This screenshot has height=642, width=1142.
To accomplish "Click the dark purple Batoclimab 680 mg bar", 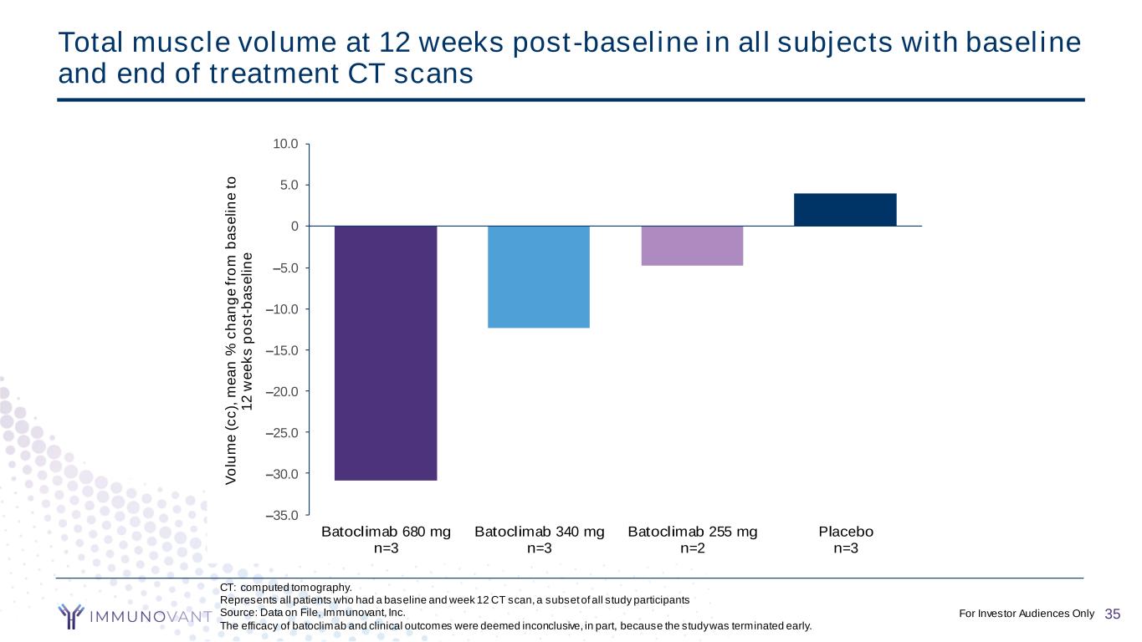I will (386, 353).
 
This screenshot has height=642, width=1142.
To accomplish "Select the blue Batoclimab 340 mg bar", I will (539, 277).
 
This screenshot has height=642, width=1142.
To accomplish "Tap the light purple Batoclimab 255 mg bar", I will (692, 246).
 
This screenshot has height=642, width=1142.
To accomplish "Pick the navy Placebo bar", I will (845, 210).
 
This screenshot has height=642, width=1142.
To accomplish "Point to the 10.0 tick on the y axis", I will (287, 144).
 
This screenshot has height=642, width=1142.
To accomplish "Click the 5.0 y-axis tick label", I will (289, 185).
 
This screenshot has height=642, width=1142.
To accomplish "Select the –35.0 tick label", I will (285, 515).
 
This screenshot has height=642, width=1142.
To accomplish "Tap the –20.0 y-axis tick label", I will (285, 391).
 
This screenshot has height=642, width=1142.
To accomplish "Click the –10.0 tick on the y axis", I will (285, 308).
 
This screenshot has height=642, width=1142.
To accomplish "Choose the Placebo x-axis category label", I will (846, 532).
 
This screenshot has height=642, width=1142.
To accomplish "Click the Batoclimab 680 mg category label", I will (386, 532).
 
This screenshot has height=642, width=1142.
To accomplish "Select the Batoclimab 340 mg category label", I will (539, 532).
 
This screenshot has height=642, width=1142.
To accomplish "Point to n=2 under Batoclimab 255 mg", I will (692, 548).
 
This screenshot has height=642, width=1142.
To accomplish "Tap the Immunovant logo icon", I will (72, 615).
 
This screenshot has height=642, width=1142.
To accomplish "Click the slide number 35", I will (1112, 614).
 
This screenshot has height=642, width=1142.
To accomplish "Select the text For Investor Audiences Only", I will (1027, 614).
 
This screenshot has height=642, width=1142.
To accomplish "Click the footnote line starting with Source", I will (312, 612).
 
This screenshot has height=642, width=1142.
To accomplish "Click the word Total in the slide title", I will (89, 42).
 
